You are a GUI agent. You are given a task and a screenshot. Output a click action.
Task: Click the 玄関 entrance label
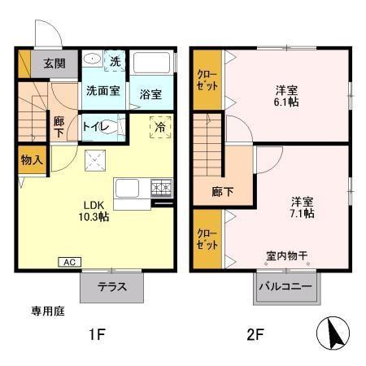click(54, 63)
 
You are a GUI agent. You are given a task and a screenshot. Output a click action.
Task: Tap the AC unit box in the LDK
click(70, 262)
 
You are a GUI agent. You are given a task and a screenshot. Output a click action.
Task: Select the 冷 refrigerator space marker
click(160, 127)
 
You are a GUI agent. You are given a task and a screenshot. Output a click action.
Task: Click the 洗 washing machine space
click(115, 61)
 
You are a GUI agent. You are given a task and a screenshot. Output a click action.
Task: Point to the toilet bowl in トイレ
click(108, 127)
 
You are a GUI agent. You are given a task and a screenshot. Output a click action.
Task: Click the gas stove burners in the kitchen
click(162, 187)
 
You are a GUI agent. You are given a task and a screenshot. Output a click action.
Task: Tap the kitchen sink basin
click(127, 188)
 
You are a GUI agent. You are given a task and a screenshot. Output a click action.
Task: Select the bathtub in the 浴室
click(151, 63)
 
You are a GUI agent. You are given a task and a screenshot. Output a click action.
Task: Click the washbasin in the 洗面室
click(92, 58)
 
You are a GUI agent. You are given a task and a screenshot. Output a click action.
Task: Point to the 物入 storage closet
click(32, 160)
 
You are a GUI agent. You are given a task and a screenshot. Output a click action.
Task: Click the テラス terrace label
click(112, 286)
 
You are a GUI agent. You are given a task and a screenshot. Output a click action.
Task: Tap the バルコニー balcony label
click(285, 286)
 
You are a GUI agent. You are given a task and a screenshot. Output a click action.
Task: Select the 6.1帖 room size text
click(286, 102)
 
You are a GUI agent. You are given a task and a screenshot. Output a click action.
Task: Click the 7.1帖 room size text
click(303, 213)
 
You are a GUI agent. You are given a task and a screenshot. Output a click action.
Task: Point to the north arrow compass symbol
click(333, 333)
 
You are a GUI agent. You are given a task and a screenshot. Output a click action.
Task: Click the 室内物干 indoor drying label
click(287, 255)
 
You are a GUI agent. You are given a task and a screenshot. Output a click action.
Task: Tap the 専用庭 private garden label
click(48, 311)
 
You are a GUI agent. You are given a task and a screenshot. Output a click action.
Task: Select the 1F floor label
click(97, 334)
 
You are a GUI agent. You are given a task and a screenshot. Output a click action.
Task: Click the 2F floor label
click(255, 334)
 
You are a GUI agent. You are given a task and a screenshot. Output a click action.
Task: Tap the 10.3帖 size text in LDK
click(94, 216)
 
